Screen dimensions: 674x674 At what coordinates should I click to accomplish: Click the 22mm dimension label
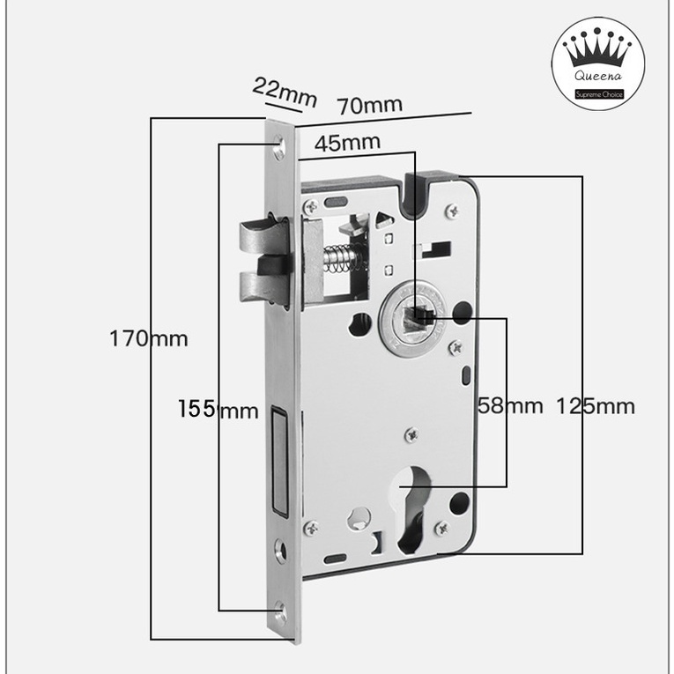click(x=284, y=92)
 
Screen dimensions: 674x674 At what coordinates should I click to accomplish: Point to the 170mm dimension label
click(x=149, y=338)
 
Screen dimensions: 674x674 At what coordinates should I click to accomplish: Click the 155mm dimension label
click(x=218, y=410)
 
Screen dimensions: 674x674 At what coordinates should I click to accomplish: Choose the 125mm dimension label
click(x=596, y=406)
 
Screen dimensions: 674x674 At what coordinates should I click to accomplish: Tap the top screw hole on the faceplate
click(x=281, y=141)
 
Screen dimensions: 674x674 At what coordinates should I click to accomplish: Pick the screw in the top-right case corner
click(x=452, y=210)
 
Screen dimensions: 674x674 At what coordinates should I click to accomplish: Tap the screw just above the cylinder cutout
click(x=411, y=433)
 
